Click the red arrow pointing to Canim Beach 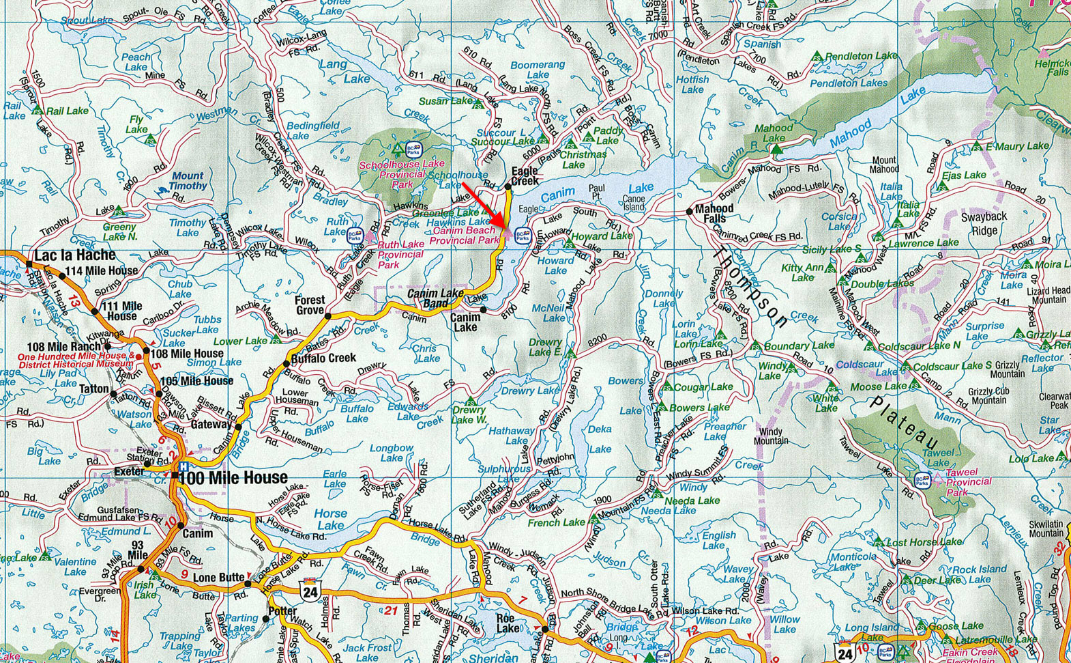coord(483,205)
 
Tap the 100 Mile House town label coord(233,477)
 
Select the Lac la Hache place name coord(75,255)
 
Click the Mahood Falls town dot coord(690,212)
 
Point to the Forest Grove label coord(310,305)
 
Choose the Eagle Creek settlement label coord(525,175)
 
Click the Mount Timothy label coord(188,181)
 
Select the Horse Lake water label coord(330,519)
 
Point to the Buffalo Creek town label coord(323,358)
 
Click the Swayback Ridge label coord(984,223)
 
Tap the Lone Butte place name coord(218,578)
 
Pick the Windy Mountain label coord(771,436)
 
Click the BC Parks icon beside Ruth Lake coord(354,236)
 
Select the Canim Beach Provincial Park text coord(465,236)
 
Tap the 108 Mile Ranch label coord(64,347)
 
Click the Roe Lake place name coord(508,623)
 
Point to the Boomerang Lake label coord(538,70)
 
